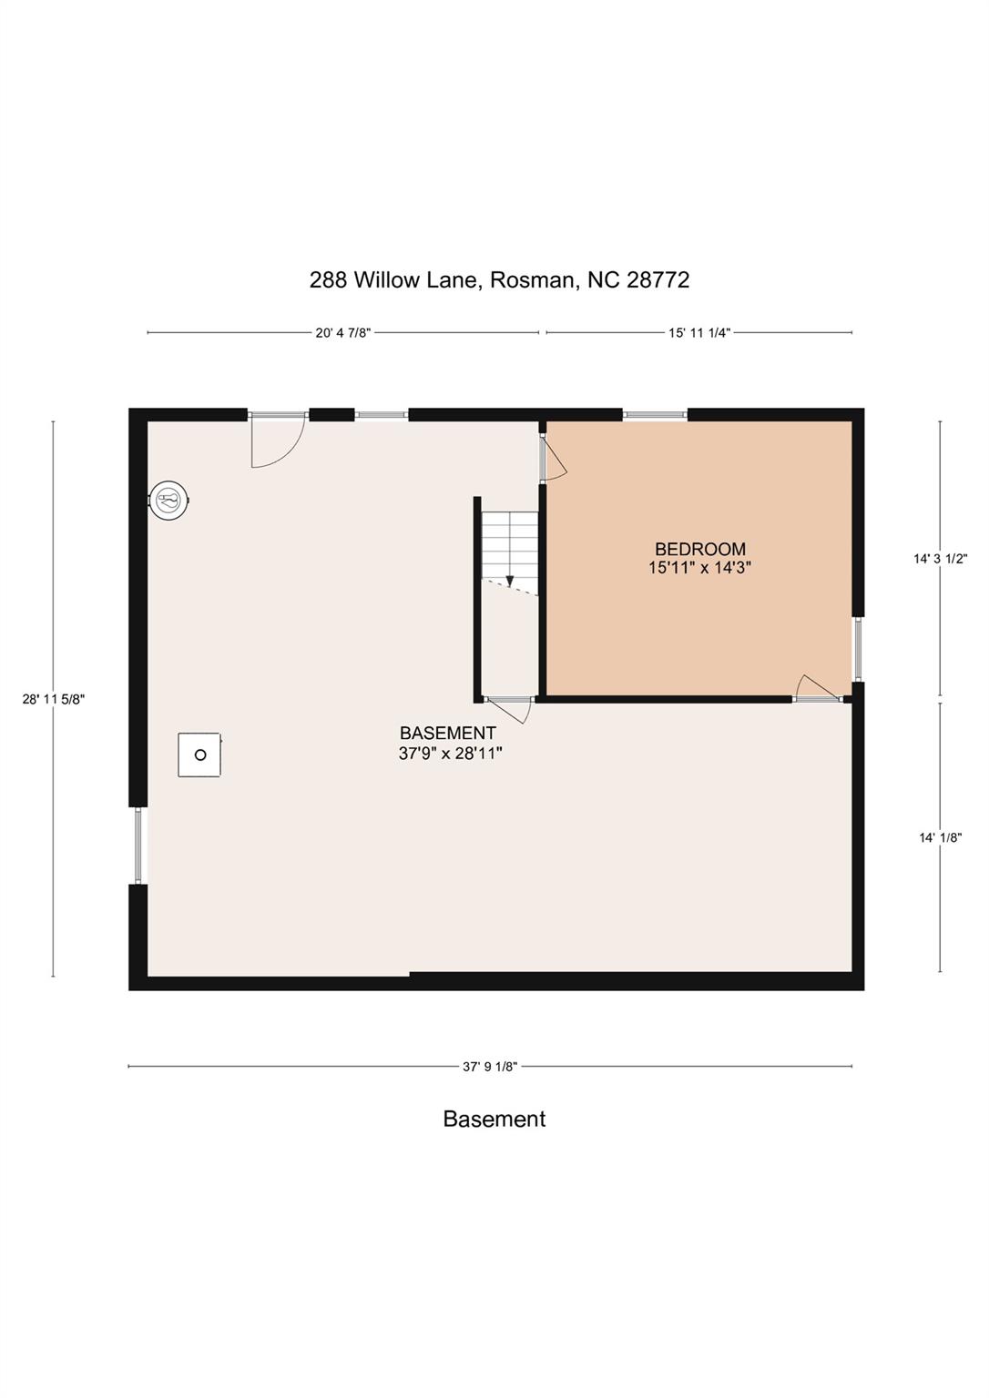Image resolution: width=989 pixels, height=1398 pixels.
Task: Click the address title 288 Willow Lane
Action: pyautogui.click(x=499, y=279)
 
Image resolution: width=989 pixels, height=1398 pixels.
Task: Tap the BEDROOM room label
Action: pyautogui.click(x=699, y=549)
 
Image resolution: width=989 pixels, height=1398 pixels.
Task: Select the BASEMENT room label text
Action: pyautogui.click(x=448, y=734)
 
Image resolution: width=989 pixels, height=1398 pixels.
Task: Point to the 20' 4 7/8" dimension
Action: pyautogui.click(x=343, y=333)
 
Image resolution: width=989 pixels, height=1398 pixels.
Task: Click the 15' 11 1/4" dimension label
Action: pyautogui.click(x=699, y=333)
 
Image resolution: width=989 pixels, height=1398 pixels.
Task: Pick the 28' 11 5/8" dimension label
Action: pyautogui.click(x=54, y=699)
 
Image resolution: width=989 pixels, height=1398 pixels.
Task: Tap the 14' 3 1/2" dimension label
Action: pyautogui.click(x=940, y=560)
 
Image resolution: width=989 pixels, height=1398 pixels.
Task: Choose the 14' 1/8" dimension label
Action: pyautogui.click(x=940, y=838)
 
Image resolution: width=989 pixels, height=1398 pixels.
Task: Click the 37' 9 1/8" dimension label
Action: pyautogui.click(x=490, y=1067)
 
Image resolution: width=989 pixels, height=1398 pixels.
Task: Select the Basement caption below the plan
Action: pyautogui.click(x=494, y=1119)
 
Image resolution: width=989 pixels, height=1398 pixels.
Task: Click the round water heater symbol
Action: pyautogui.click(x=169, y=500)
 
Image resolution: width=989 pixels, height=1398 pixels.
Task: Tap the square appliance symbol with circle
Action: pyautogui.click(x=200, y=755)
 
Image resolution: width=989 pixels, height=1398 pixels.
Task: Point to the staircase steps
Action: pyautogui.click(x=510, y=541)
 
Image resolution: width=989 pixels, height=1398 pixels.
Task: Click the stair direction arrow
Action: pyautogui.click(x=510, y=580)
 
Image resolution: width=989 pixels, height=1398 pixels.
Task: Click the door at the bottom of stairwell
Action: pyautogui.click(x=510, y=708)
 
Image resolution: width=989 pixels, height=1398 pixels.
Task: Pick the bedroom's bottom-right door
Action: pyautogui.click(x=817, y=689)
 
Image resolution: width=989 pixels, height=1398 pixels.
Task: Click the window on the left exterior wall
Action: pyautogui.click(x=138, y=846)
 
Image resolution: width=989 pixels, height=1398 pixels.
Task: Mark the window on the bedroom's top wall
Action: pyautogui.click(x=655, y=415)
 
